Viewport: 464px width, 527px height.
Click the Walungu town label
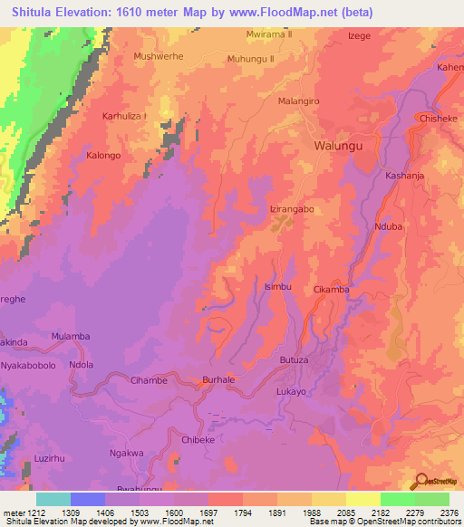coord(338,145)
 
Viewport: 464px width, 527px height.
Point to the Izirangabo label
coord(292,209)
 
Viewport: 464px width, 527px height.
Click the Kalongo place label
coord(103,156)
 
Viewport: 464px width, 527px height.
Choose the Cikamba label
coord(331,290)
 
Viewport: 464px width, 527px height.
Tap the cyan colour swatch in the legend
coord(53,499)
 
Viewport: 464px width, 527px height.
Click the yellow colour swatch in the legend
coord(362,499)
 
